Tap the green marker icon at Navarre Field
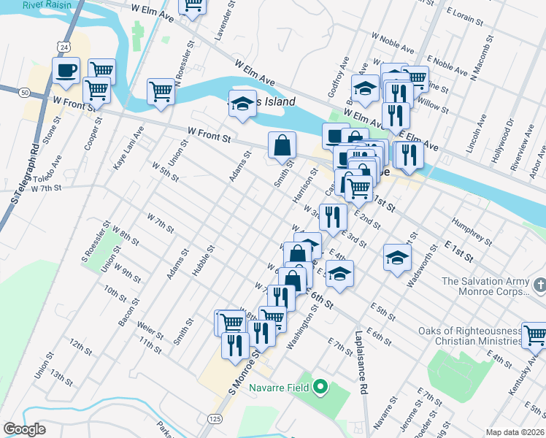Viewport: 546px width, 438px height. point(320,386)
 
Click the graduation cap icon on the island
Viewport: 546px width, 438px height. point(242,104)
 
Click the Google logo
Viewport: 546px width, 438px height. point(24,429)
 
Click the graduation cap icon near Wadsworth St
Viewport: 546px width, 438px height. point(397,257)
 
